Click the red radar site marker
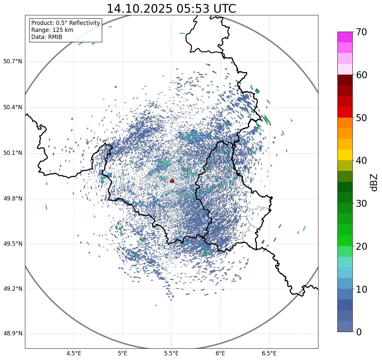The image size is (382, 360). [x=172, y=181]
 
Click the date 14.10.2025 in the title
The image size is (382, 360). [x=139, y=9]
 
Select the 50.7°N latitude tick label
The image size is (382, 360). [x=13, y=62]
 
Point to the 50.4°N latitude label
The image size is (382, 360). [x=13, y=107]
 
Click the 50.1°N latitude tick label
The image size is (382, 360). [x=13, y=153]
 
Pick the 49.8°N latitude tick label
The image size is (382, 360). [x=13, y=199]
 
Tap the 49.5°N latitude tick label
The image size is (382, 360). [x=13, y=244]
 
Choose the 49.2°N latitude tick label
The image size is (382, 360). [x=13, y=289]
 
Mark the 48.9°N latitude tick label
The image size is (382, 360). [x=13, y=334]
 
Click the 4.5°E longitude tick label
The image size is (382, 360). [x=74, y=353]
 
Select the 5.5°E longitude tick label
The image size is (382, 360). [x=171, y=353]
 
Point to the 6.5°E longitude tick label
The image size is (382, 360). [x=269, y=353]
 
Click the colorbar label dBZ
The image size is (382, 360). [x=374, y=182]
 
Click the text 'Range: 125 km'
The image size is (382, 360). [x=52, y=30]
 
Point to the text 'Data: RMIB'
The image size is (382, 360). [x=47, y=37]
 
